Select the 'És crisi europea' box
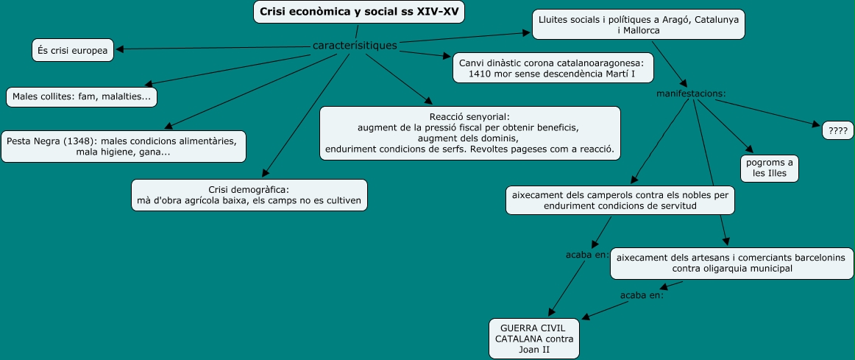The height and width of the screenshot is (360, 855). [73, 50]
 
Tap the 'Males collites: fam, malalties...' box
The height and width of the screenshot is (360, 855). [82, 96]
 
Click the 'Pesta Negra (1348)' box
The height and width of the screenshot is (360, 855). [123, 147]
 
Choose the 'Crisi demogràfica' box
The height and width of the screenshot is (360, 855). [249, 195]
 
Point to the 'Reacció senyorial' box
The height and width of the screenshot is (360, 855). [469, 133]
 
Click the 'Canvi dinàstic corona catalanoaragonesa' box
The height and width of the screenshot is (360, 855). [552, 68]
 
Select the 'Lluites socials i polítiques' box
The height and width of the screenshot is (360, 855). [638, 24]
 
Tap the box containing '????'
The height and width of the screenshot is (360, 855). [837, 130]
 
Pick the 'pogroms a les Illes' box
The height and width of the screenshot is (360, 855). [769, 168]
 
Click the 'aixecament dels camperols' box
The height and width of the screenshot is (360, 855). [620, 200]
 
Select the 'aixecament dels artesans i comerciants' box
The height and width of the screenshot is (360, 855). [731, 264]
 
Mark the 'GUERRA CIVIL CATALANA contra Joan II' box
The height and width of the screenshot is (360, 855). [534, 339]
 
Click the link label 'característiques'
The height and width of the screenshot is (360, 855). [355, 46]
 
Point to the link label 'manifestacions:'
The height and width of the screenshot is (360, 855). [691, 93]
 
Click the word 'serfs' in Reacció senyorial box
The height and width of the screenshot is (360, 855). [457, 149]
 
